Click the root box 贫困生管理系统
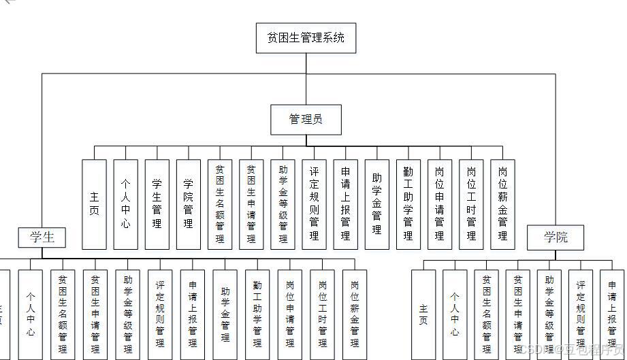(x=306, y=37)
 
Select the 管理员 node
(x=306, y=120)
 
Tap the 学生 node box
(x=42, y=238)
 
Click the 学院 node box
(x=555, y=238)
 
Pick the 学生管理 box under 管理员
(x=157, y=204)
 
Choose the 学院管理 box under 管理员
(x=189, y=204)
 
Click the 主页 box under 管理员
(x=95, y=204)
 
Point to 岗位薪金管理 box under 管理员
(x=502, y=204)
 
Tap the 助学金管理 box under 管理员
(x=376, y=204)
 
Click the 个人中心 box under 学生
(x=31, y=314)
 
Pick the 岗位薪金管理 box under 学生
(x=355, y=314)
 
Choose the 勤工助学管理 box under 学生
(x=257, y=314)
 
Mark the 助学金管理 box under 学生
(x=225, y=314)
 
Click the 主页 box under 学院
(x=423, y=314)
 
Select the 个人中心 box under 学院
(x=455, y=314)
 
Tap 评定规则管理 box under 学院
(x=581, y=314)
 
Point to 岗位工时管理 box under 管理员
(x=471, y=204)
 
